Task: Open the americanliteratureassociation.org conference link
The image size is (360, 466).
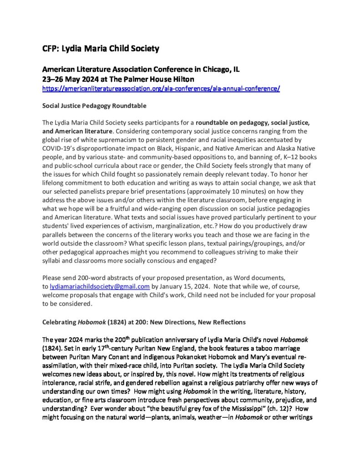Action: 161,88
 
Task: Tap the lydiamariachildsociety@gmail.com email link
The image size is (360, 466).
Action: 96,286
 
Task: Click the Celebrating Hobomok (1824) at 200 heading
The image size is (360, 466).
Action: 144,322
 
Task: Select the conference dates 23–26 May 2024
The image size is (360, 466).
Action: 71,79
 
